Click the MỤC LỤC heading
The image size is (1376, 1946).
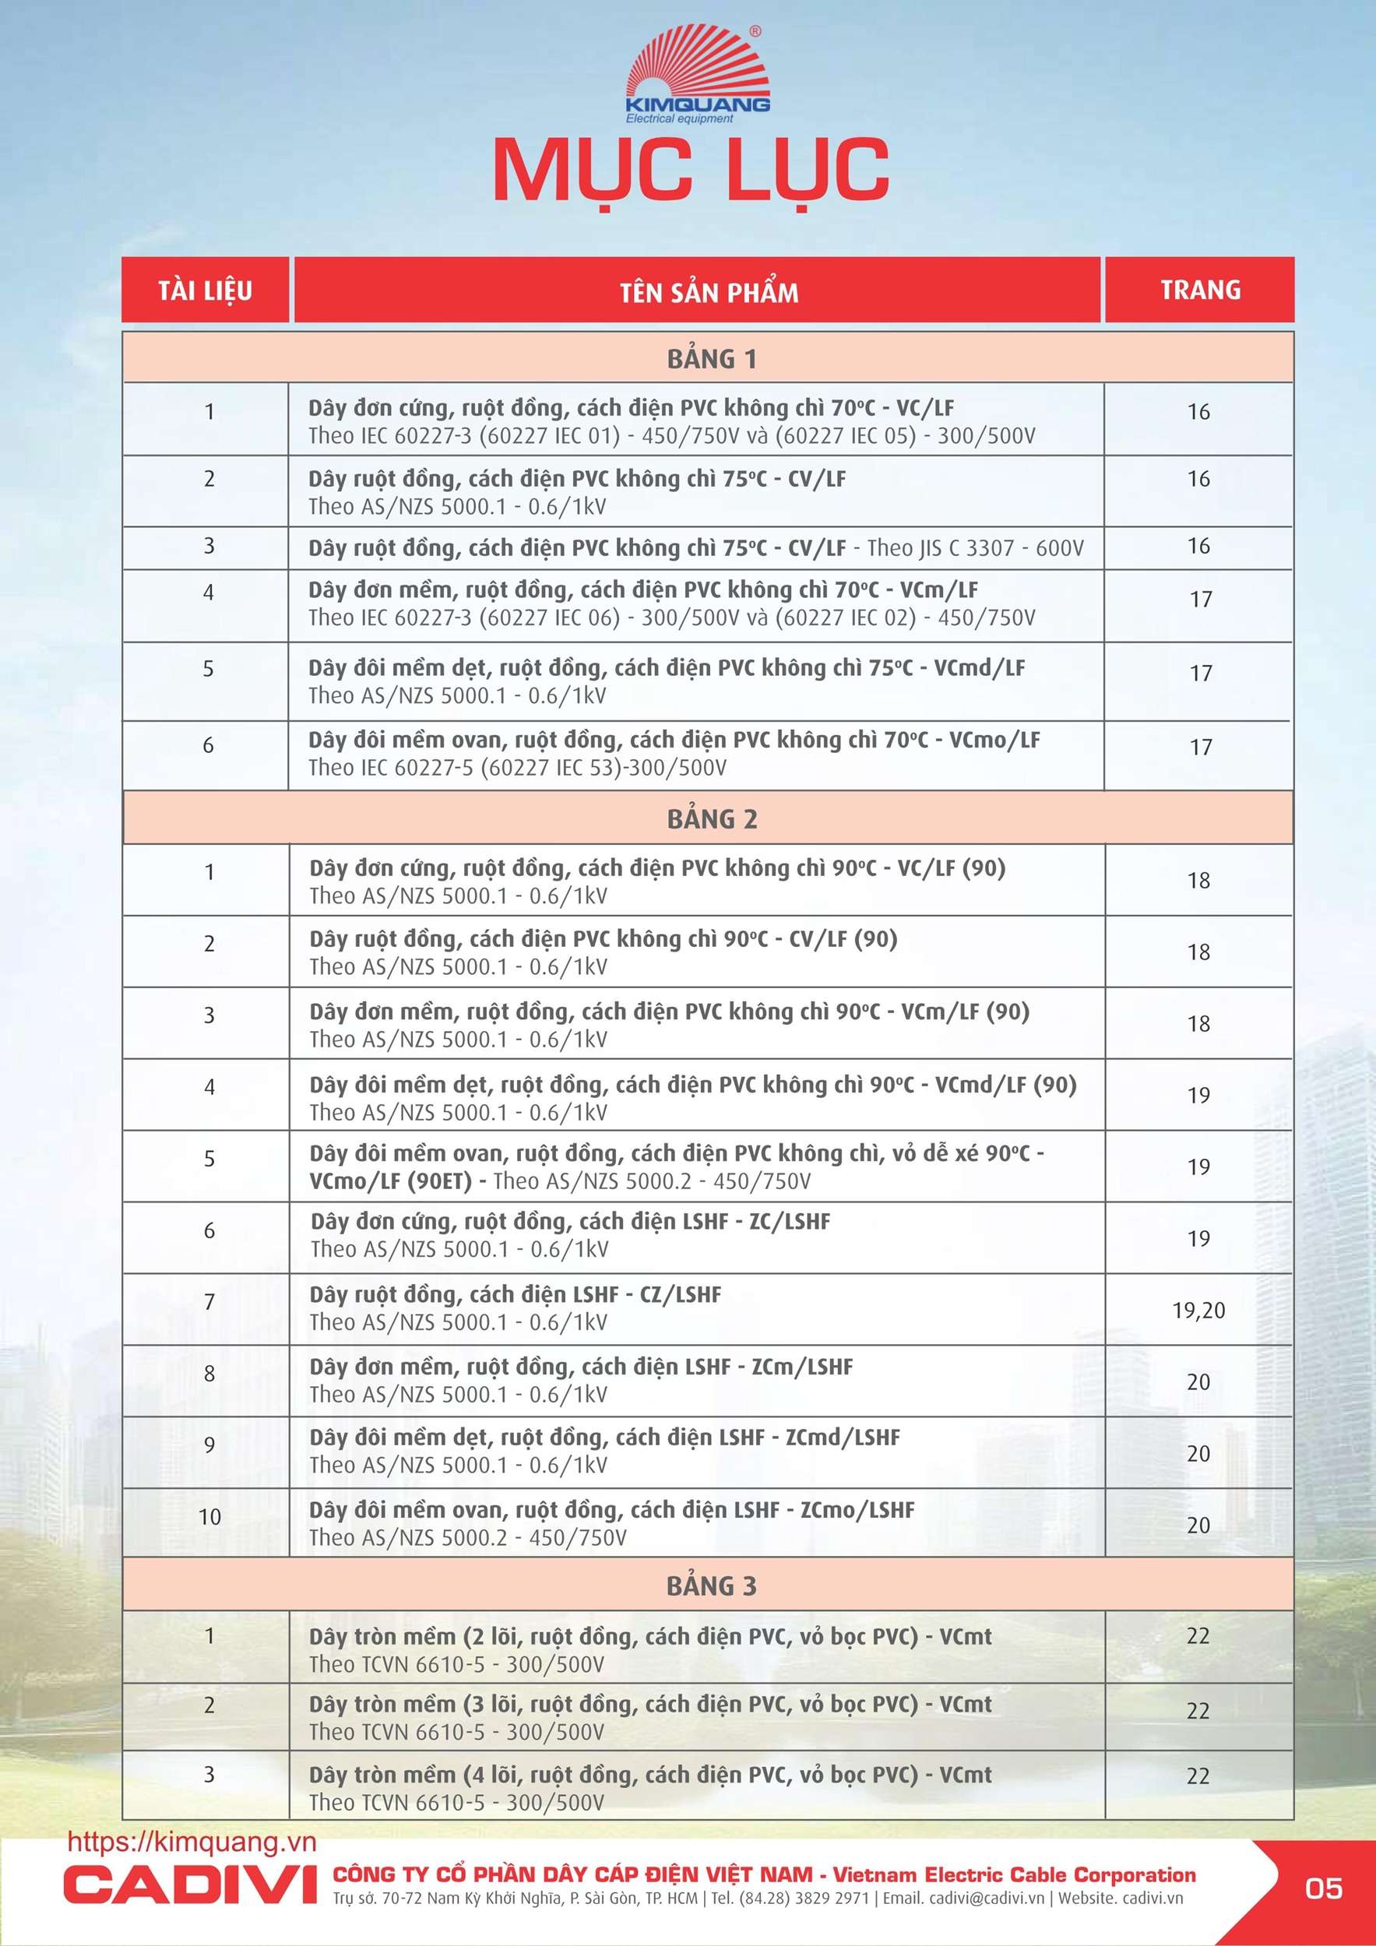click(x=691, y=170)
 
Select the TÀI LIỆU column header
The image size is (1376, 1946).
click(x=205, y=290)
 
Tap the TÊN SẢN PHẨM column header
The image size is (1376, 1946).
click(x=709, y=293)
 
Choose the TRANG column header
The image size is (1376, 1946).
click(x=1200, y=290)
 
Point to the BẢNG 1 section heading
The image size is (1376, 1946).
click(x=710, y=359)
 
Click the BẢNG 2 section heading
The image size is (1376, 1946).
click(x=711, y=819)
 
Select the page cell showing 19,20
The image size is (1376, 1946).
click(x=1198, y=1311)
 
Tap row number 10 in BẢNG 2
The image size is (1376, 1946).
click(x=209, y=1516)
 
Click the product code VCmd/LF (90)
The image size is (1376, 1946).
click(x=1005, y=1085)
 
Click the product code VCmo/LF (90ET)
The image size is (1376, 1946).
click(x=390, y=1181)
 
